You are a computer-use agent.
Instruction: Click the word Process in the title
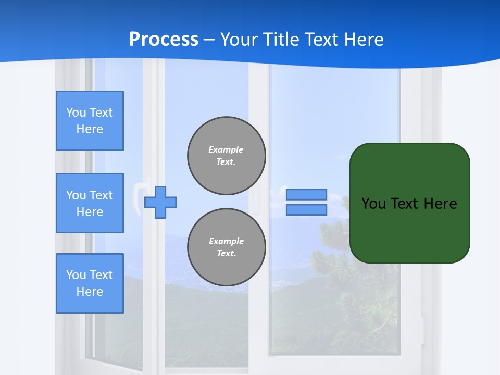(x=164, y=40)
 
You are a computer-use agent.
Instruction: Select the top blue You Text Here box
(x=90, y=121)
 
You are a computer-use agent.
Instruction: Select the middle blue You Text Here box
(x=90, y=203)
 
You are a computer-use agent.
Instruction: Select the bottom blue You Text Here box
(x=90, y=283)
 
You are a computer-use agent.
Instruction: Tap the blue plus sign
(x=160, y=202)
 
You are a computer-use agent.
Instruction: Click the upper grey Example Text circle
(x=227, y=156)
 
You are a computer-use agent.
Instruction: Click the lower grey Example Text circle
(x=227, y=247)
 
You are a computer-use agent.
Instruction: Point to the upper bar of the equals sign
(x=306, y=195)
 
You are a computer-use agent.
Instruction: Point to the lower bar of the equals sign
(x=306, y=210)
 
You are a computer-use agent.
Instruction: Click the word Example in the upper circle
(x=226, y=149)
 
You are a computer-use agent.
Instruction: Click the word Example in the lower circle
(x=226, y=241)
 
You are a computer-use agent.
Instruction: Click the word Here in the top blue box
(x=90, y=129)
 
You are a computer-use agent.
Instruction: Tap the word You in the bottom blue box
(x=76, y=275)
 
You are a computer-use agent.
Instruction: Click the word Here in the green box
(x=440, y=204)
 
